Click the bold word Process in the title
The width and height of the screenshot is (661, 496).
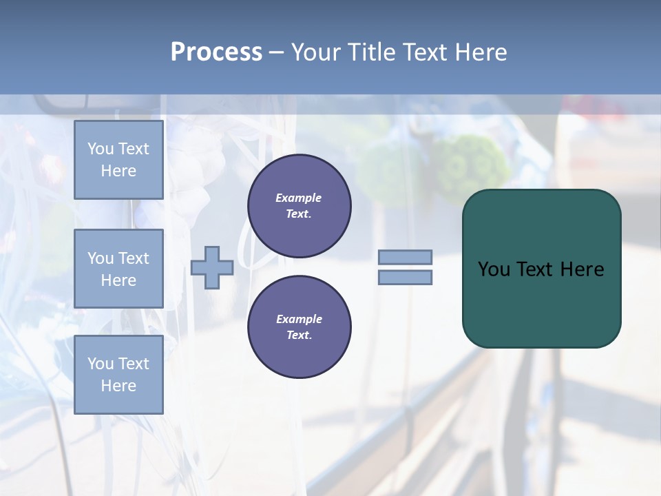(x=216, y=52)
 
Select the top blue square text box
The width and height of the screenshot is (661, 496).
(x=118, y=160)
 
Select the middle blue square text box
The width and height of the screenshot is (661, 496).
(x=118, y=269)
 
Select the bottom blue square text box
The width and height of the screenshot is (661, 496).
(x=118, y=374)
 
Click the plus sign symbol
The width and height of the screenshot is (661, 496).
(x=211, y=268)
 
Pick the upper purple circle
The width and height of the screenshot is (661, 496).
(x=299, y=206)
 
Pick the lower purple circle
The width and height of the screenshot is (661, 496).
(x=299, y=327)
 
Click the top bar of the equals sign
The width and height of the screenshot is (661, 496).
(x=405, y=257)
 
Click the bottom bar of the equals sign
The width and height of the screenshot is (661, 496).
(x=405, y=278)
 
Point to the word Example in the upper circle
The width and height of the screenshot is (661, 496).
(x=298, y=198)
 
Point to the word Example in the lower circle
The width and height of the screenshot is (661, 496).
(x=299, y=319)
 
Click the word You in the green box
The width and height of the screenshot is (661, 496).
(x=494, y=269)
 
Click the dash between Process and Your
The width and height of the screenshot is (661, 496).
(x=277, y=52)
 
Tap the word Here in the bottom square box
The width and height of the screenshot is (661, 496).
(x=118, y=386)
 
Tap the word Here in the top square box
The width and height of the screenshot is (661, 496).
(x=118, y=171)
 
